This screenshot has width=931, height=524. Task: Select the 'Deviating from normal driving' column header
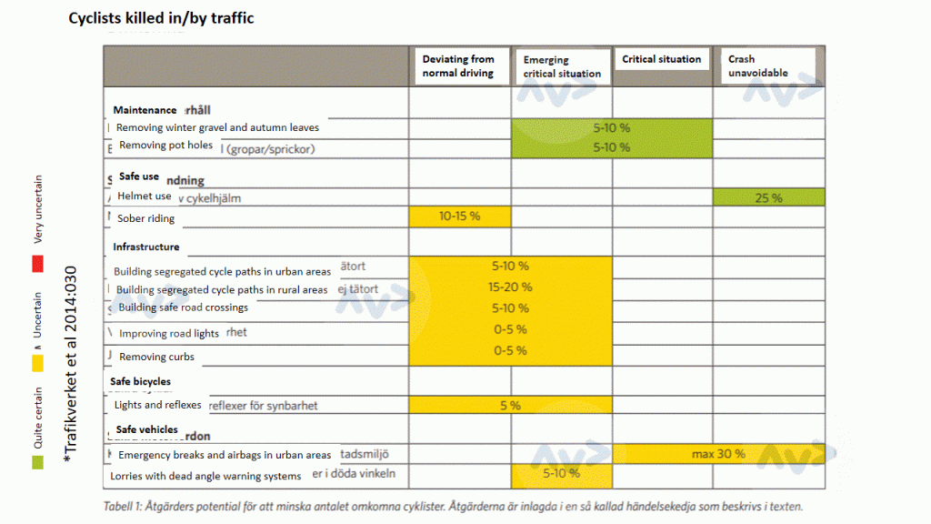click(458, 66)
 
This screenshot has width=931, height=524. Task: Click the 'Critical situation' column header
click(662, 59)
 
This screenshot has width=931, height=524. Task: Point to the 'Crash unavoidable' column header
click(758, 66)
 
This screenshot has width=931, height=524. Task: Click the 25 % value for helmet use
click(768, 197)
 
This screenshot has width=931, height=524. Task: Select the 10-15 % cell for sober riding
click(459, 217)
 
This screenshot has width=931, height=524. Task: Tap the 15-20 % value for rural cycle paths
click(510, 287)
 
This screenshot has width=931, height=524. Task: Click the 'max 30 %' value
click(718, 453)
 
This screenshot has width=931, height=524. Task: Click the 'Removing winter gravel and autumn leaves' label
click(217, 128)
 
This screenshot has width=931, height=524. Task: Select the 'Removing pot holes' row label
click(165, 146)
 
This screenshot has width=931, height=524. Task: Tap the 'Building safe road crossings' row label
click(183, 307)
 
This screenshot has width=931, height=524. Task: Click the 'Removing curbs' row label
click(156, 357)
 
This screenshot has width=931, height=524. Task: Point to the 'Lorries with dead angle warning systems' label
click(205, 476)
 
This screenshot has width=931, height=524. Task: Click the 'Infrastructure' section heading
click(145, 247)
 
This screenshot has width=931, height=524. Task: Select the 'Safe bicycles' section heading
click(140, 381)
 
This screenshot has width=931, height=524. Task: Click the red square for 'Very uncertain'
click(37, 265)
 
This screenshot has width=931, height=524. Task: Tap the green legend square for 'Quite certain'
click(37, 463)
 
